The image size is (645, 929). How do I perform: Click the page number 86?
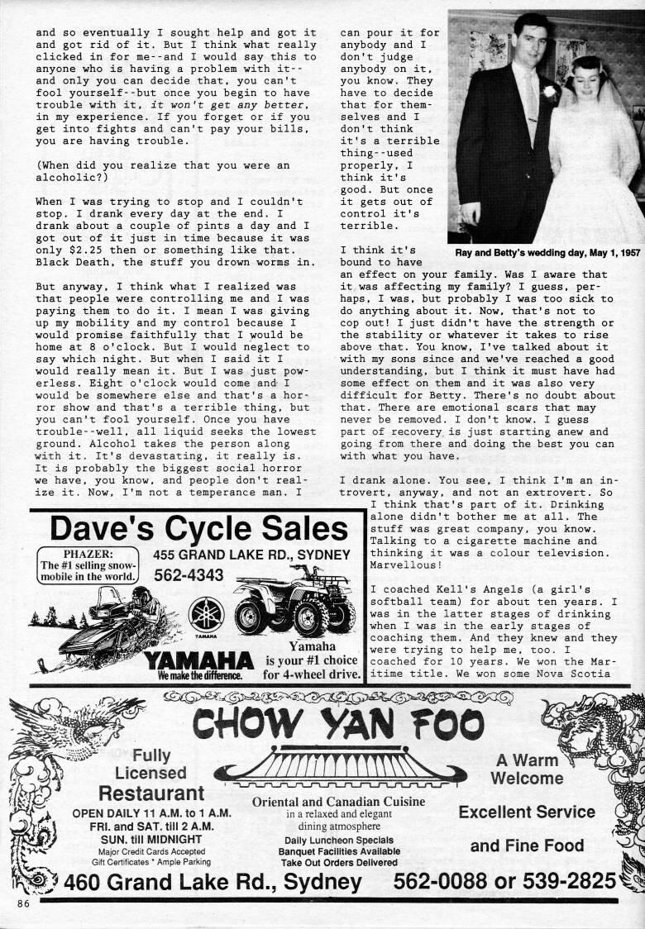[x=22, y=904]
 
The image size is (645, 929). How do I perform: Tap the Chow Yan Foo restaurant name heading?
[x=338, y=724]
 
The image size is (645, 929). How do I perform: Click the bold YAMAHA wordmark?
[x=198, y=660]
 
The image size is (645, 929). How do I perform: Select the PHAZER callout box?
[x=88, y=565]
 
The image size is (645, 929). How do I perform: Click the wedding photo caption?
[x=547, y=250]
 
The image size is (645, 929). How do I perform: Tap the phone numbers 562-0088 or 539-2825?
[x=505, y=881]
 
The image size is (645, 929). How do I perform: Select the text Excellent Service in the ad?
[x=527, y=812]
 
